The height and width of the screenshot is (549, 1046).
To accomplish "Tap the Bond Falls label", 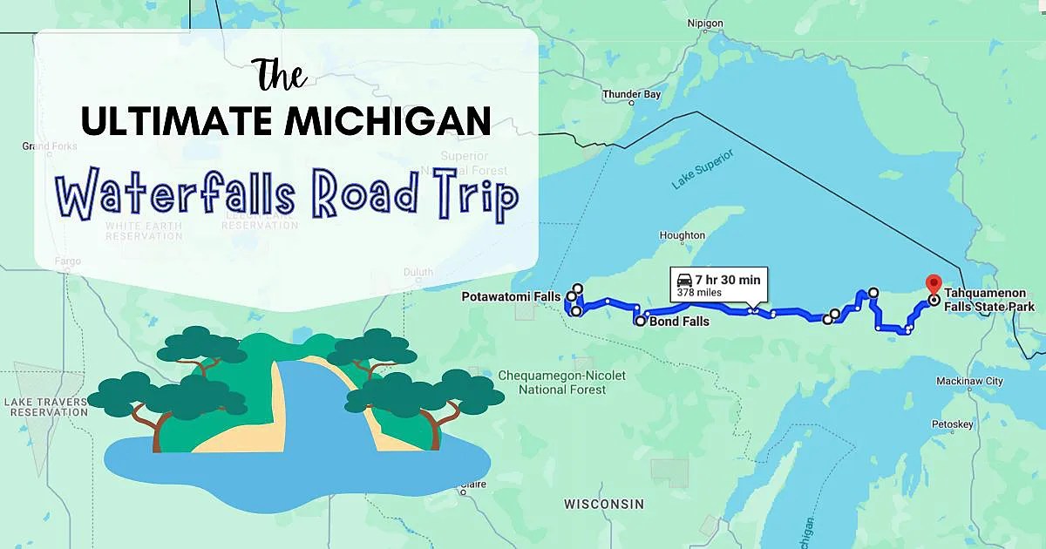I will click(678, 322).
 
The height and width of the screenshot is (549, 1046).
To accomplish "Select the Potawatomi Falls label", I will click(512, 297).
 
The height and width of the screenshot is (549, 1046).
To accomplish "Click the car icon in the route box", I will click(684, 280).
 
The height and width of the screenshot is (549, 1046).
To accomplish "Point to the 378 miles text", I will click(696, 294).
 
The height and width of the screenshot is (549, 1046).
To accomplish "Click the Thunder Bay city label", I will click(631, 94).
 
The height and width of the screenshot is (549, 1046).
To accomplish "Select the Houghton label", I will click(682, 235).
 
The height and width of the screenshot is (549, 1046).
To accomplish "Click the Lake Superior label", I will click(703, 169).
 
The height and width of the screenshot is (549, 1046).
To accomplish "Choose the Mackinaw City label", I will click(968, 382).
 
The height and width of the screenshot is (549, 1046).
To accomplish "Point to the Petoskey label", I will click(952, 424).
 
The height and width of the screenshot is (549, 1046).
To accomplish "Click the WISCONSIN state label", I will click(604, 505).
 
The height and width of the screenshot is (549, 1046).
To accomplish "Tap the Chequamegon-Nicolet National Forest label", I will click(561, 383).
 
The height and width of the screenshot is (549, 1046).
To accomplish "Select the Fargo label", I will click(66, 261).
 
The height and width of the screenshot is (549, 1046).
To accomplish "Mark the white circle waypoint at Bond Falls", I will click(641, 322).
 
